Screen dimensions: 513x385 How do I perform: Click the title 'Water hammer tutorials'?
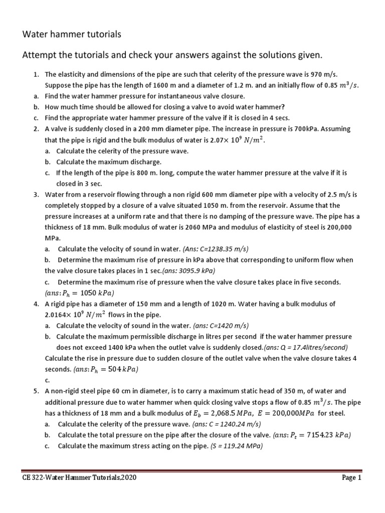[x=72, y=35]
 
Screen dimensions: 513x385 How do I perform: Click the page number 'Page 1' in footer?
[x=351, y=478]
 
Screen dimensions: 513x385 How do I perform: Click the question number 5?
[x=36, y=391]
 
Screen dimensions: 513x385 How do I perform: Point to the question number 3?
[x=36, y=194]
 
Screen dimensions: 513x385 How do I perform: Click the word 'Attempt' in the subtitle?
[x=40, y=54]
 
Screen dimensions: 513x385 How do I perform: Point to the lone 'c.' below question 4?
[x=47, y=380]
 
